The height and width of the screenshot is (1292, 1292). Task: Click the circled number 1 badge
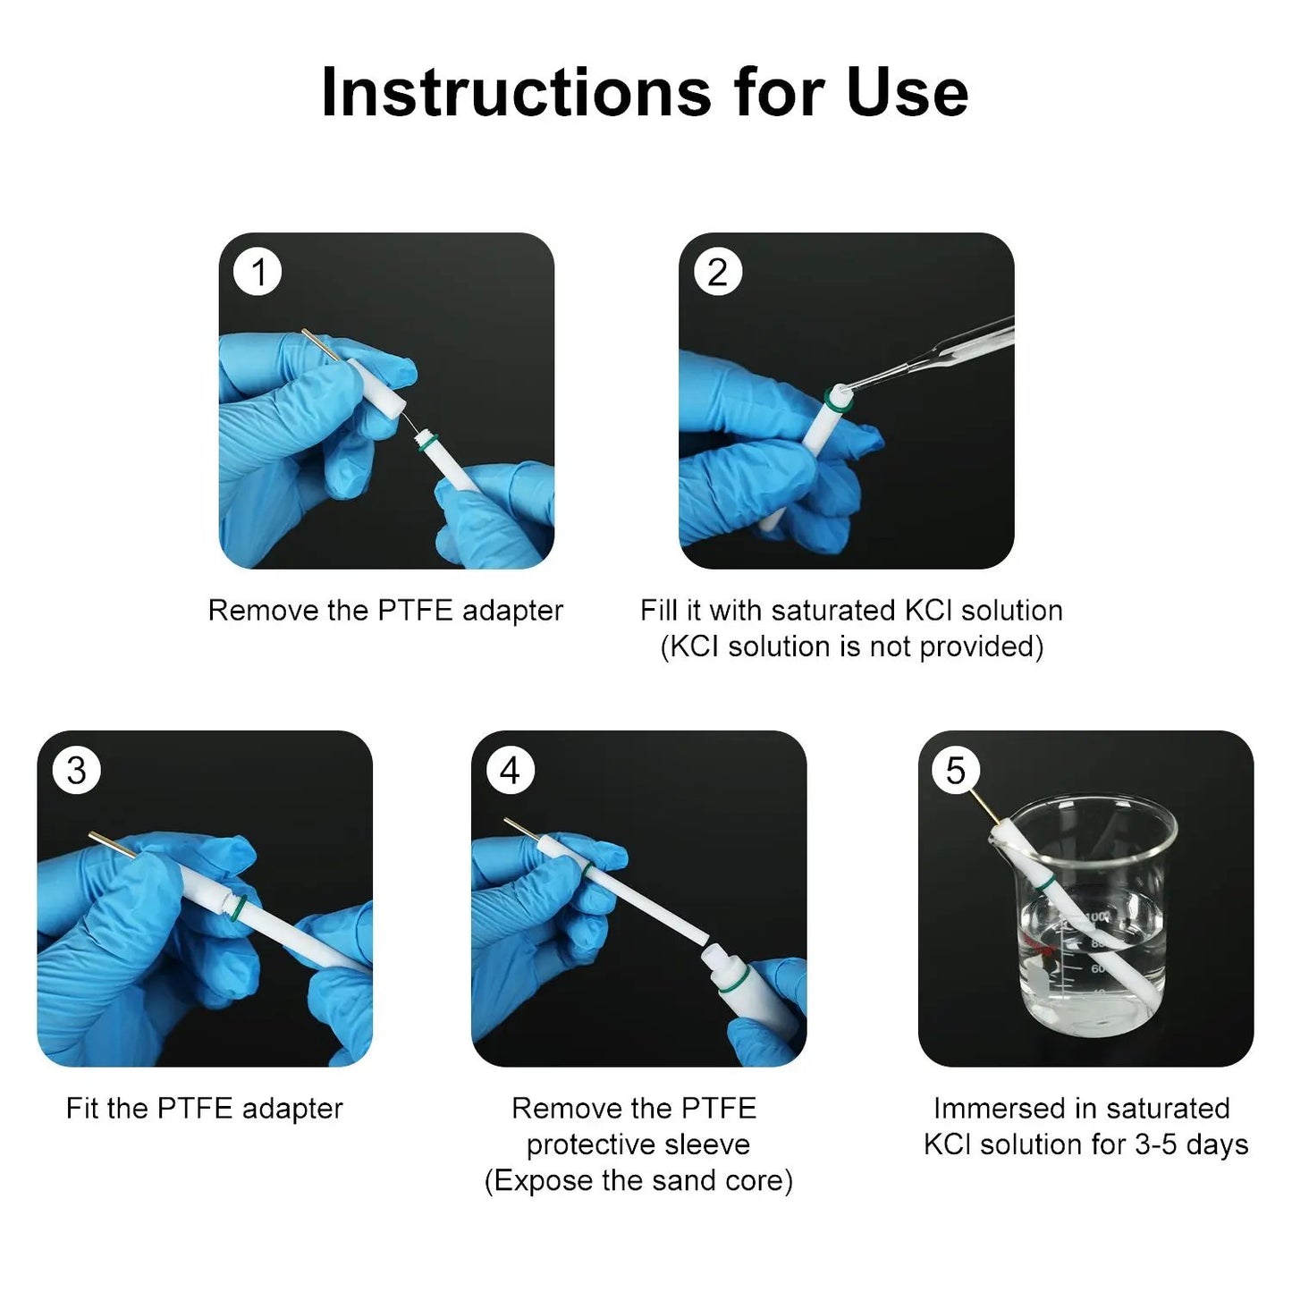coord(257,272)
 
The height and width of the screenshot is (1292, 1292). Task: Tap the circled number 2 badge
coord(717,272)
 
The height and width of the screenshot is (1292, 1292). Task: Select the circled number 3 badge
coord(76,770)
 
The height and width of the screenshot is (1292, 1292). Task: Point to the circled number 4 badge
coord(511,770)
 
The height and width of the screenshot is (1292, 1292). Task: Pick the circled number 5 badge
coord(956,770)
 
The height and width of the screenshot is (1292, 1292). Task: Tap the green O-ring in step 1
coord(428,442)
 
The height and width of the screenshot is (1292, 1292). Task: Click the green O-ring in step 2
coord(838,401)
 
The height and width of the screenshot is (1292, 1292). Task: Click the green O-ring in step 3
coord(240,907)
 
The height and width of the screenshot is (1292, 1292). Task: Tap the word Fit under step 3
coord(82,1109)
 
